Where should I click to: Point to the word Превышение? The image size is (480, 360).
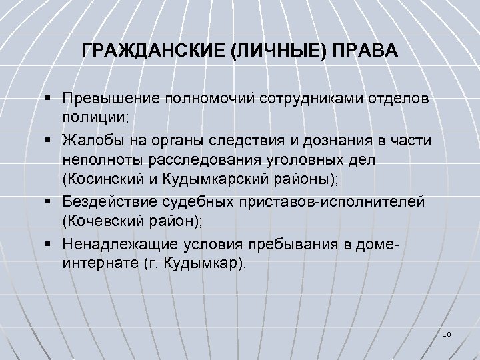pyautogui.click(x=106, y=99)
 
